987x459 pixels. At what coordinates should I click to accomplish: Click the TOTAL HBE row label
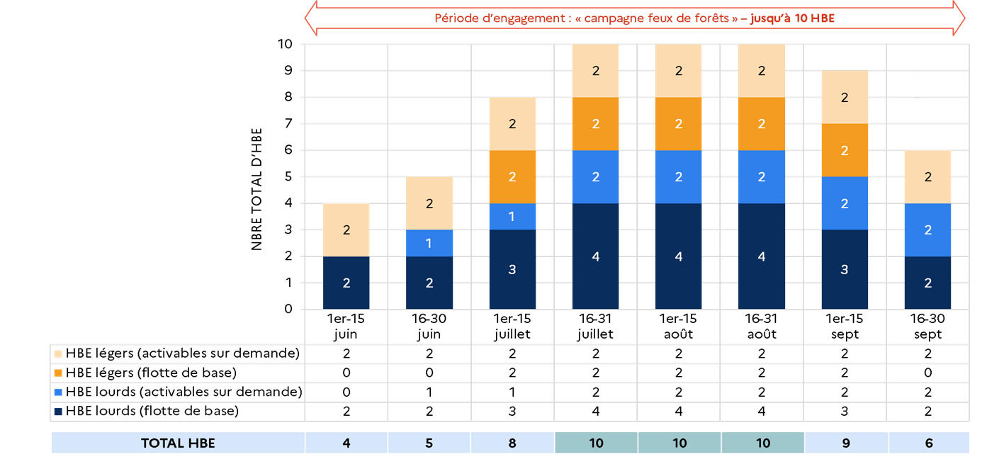coord(178,443)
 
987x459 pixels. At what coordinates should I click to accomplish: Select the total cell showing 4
coord(346,443)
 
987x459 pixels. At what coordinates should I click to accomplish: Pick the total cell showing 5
coord(429,443)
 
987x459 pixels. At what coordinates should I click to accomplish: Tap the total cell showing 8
coord(512,443)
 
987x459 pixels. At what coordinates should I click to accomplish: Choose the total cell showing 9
coord(845,443)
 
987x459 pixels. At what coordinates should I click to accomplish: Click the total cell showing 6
coord(929,443)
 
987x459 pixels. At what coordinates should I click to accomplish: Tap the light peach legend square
coord(58,353)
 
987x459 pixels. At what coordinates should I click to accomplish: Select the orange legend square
coord(58,373)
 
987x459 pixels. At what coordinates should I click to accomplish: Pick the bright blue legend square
coord(58,392)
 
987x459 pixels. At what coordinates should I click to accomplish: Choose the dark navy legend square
coord(58,412)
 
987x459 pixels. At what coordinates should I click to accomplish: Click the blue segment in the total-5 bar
coord(429,243)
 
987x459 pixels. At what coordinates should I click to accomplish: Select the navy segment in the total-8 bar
coord(512,269)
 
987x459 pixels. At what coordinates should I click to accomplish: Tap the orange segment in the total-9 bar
coord(845,150)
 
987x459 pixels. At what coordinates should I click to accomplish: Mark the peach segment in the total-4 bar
coord(346,229)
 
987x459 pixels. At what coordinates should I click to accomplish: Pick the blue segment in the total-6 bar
coord(928,229)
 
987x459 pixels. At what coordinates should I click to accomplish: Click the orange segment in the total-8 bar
coord(512,177)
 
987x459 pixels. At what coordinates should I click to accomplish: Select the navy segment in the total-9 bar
coord(845,269)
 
